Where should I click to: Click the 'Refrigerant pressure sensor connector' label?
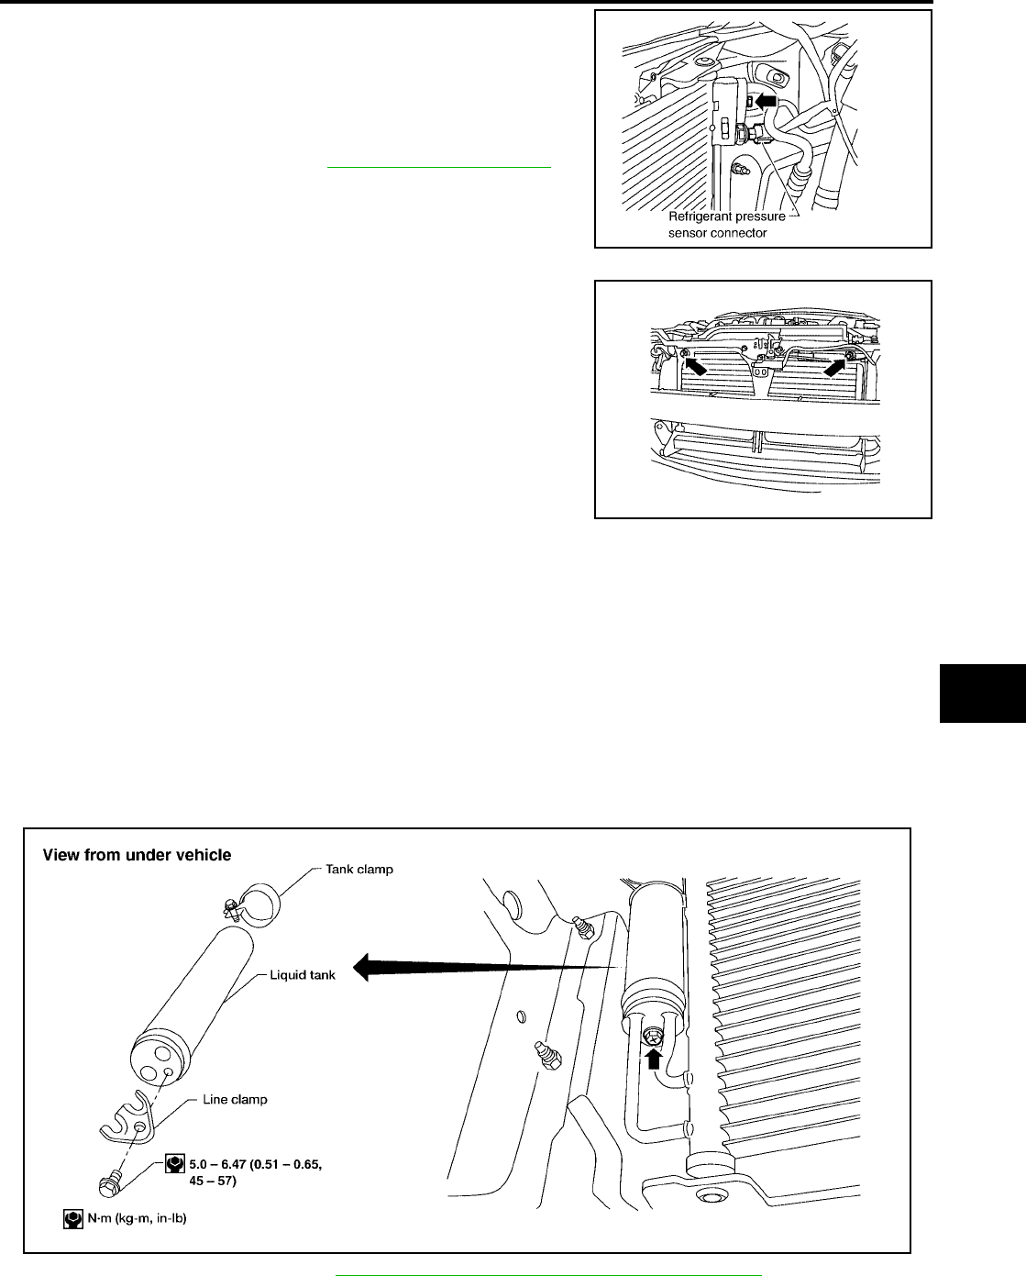tap(726, 225)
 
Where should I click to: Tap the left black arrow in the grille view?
tap(696, 366)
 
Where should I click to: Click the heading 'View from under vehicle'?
tap(138, 855)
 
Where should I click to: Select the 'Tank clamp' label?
tap(359, 869)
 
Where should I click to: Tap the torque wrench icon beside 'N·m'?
tap(73, 1219)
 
